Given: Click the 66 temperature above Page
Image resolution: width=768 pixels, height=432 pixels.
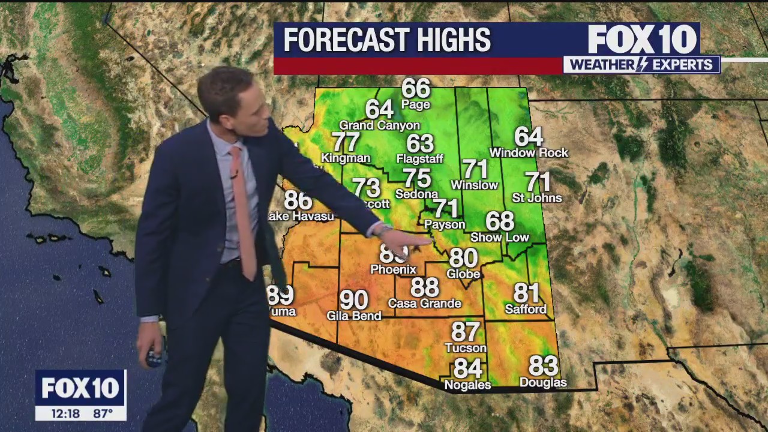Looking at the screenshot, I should pyautogui.click(x=416, y=88).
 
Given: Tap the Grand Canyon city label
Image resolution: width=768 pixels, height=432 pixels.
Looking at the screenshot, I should pyautogui.click(x=379, y=125).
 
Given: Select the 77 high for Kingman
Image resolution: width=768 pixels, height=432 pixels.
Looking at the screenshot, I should pyautogui.click(x=346, y=142).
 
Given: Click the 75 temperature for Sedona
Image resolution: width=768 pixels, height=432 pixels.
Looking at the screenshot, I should pyautogui.click(x=417, y=178).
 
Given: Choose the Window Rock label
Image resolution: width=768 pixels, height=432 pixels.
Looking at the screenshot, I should pyautogui.click(x=529, y=153).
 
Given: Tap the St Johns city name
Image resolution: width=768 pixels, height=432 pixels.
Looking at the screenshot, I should pyautogui.click(x=537, y=198).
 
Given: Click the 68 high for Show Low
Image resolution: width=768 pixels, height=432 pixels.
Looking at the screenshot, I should pyautogui.click(x=500, y=221).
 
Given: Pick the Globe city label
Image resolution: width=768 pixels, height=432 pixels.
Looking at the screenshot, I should pyautogui.click(x=463, y=274).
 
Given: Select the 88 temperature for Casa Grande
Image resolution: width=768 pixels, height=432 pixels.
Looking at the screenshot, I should pyautogui.click(x=425, y=287).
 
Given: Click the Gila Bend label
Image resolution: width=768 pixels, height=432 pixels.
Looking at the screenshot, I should pyautogui.click(x=354, y=316).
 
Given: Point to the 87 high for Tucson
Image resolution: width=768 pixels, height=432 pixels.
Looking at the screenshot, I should pyautogui.click(x=466, y=332).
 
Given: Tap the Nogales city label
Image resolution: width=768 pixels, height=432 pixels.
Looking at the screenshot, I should pyautogui.click(x=467, y=385).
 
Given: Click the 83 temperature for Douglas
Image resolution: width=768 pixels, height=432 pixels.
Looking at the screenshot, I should pyautogui.click(x=543, y=365).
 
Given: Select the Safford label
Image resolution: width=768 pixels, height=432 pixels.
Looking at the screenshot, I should pyautogui.click(x=526, y=310).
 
